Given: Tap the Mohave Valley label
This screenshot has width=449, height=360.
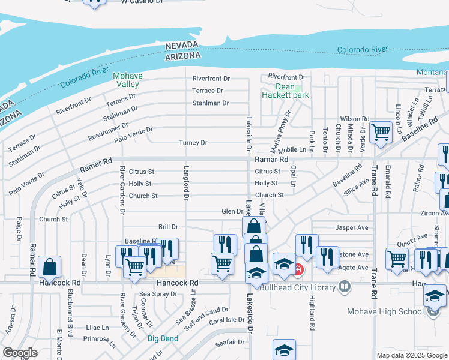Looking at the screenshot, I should [127, 80].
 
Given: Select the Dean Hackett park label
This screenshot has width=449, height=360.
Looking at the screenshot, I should [285, 91].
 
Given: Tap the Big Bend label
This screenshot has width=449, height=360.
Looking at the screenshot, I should [163, 338].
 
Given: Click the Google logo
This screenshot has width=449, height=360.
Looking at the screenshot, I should [20, 353].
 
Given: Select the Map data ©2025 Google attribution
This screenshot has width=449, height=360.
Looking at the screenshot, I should [411, 355].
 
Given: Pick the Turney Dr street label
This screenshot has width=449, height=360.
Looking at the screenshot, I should [193, 143].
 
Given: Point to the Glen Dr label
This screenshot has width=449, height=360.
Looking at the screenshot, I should [232, 211].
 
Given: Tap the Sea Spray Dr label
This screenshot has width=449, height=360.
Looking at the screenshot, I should [158, 294].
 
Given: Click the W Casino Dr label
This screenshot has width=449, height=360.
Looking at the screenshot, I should [141, 2].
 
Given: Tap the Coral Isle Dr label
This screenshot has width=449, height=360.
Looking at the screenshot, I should [227, 320].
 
